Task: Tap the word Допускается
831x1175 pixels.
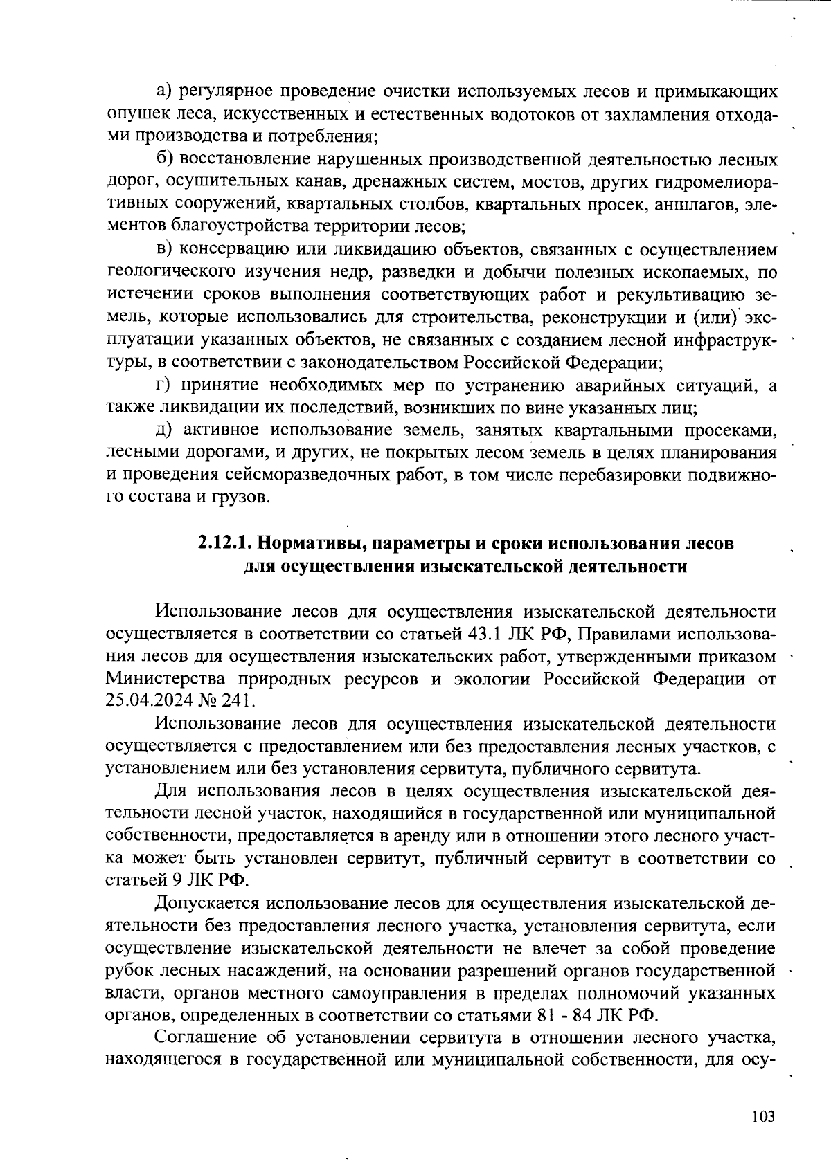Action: [204, 903]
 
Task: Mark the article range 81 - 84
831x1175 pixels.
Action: [568, 1016]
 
